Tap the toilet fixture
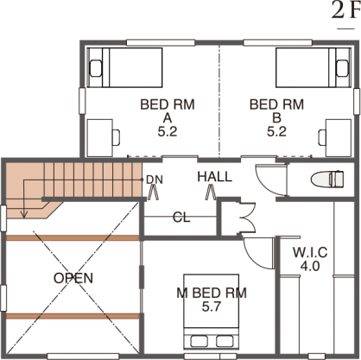pos(327,179)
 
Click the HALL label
pos(215,177)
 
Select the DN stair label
pos(155,180)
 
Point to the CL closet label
pos(181,218)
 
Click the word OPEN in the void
pos(73,278)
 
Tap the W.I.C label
pos(310,252)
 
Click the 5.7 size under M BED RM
pos(212,307)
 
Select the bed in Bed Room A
pos(125,67)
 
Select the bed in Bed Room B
pos(313,67)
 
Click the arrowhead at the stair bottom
pos(24,214)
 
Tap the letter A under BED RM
pos(168,118)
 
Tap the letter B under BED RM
pos(277,118)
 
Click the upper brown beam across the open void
pos(73,237)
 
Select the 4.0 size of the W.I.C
pos(310,266)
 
